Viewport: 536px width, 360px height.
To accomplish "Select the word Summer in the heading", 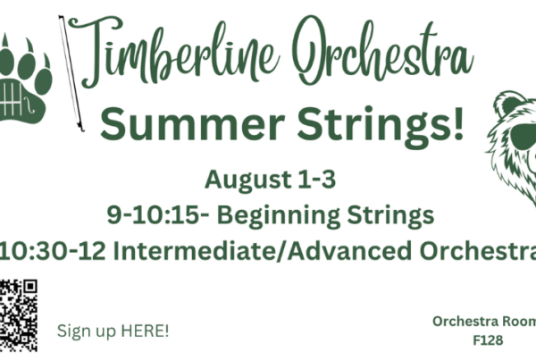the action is pyautogui.click(x=192, y=123).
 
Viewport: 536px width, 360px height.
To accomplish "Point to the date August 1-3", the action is pyautogui.click(x=270, y=180).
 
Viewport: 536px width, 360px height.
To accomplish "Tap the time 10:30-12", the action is pyautogui.click(x=52, y=251).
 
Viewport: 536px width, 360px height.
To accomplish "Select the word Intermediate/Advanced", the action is pyautogui.click(x=262, y=251).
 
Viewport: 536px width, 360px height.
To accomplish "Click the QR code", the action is pyautogui.click(x=19, y=315).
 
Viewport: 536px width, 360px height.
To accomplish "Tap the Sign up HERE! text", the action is pyautogui.click(x=113, y=331).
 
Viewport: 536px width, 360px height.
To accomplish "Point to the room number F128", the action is pyautogui.click(x=488, y=340).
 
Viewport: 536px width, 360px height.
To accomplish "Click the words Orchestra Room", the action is pyautogui.click(x=484, y=322).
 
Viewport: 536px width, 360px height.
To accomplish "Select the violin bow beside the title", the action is pyautogui.click(x=71, y=73).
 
